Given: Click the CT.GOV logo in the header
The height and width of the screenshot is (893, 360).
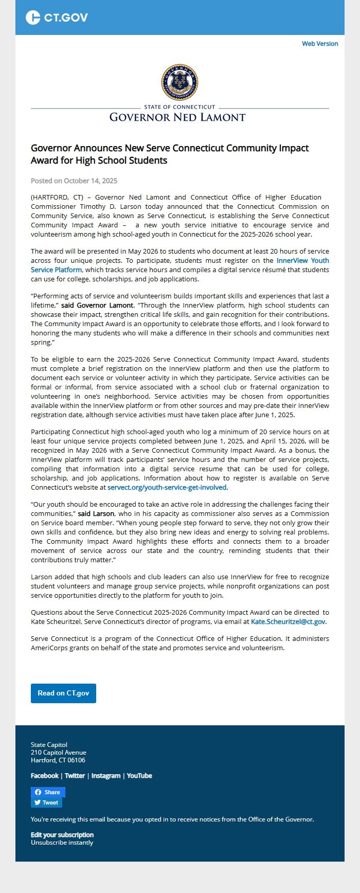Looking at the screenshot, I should (57, 17).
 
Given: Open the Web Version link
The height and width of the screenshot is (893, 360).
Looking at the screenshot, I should (320, 44).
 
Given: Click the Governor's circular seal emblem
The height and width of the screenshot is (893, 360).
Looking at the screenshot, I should (179, 82).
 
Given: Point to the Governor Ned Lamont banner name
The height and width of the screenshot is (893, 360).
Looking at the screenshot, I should (177, 117).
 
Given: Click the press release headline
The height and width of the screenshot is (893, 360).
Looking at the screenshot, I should (170, 154).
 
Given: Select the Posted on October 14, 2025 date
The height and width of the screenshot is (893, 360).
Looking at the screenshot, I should (74, 181).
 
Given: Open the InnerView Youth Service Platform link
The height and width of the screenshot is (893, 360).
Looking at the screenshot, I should (302, 261).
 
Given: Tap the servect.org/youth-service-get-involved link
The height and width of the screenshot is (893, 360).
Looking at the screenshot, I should (167, 487).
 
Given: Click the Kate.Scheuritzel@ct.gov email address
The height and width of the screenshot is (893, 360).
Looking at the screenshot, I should (288, 621).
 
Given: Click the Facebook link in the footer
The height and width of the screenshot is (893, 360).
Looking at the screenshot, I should (45, 776).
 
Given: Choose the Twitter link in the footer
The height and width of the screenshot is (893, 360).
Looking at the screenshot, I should (75, 776).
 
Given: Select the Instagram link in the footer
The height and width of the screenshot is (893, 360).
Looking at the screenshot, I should (106, 776).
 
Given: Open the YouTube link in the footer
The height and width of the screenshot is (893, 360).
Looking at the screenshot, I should (139, 776).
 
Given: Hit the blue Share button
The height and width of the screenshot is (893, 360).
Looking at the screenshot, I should (48, 792).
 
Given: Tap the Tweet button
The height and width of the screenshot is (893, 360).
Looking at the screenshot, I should (46, 802).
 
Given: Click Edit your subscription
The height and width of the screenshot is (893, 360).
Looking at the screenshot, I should (62, 835).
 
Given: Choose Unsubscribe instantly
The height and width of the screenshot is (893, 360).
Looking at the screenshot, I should (62, 843).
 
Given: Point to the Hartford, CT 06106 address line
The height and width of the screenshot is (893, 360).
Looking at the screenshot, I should (58, 760).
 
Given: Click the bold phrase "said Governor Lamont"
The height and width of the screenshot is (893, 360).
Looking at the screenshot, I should (97, 305).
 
